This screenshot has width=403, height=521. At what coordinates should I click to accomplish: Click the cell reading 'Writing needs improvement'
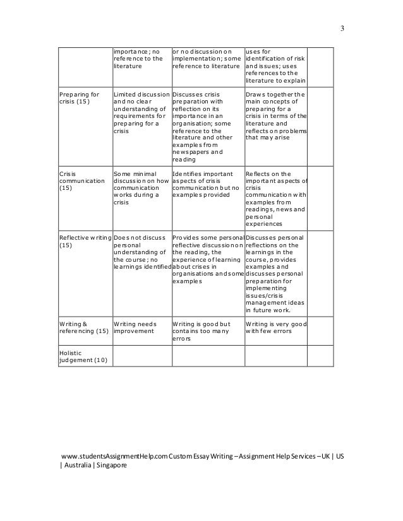click(134, 326)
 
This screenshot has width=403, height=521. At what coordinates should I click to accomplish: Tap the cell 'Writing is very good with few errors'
click(275, 326)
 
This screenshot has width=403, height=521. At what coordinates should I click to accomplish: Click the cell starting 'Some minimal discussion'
click(140, 188)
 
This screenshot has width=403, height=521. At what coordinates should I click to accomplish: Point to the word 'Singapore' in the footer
click(111, 465)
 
